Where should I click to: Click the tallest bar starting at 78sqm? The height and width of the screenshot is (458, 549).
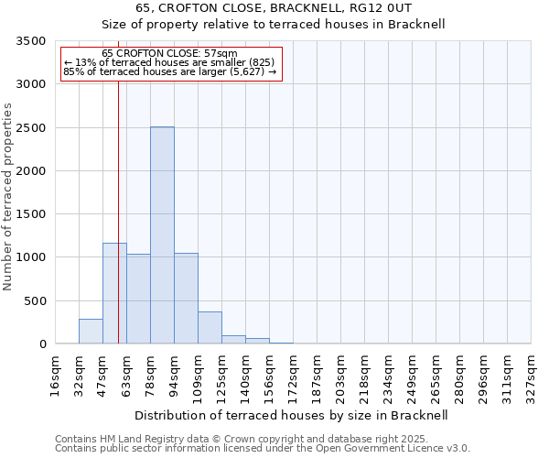(162, 235)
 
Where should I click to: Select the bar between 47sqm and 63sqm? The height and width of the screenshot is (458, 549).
(114, 293)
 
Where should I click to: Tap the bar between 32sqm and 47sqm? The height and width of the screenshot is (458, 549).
(91, 331)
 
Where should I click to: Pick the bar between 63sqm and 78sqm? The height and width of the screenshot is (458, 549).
(138, 299)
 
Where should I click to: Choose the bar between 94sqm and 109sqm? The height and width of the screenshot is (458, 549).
(186, 299)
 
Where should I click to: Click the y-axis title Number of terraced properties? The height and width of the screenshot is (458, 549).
(8, 196)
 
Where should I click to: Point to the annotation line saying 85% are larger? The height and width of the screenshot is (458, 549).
(169, 71)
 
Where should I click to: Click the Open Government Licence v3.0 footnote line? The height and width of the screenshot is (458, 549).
(263, 449)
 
